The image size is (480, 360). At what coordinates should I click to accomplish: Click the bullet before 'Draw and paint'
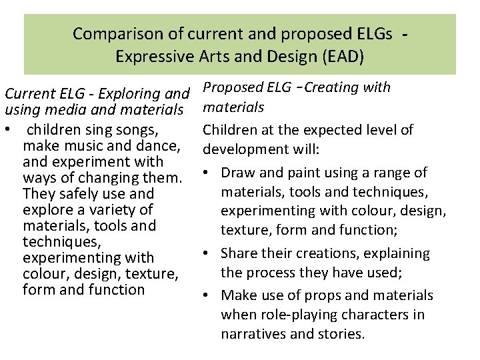[207, 173]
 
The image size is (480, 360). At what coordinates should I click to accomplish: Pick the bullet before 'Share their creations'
[207, 253]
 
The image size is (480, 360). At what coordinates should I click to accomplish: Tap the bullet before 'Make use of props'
[207, 295]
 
